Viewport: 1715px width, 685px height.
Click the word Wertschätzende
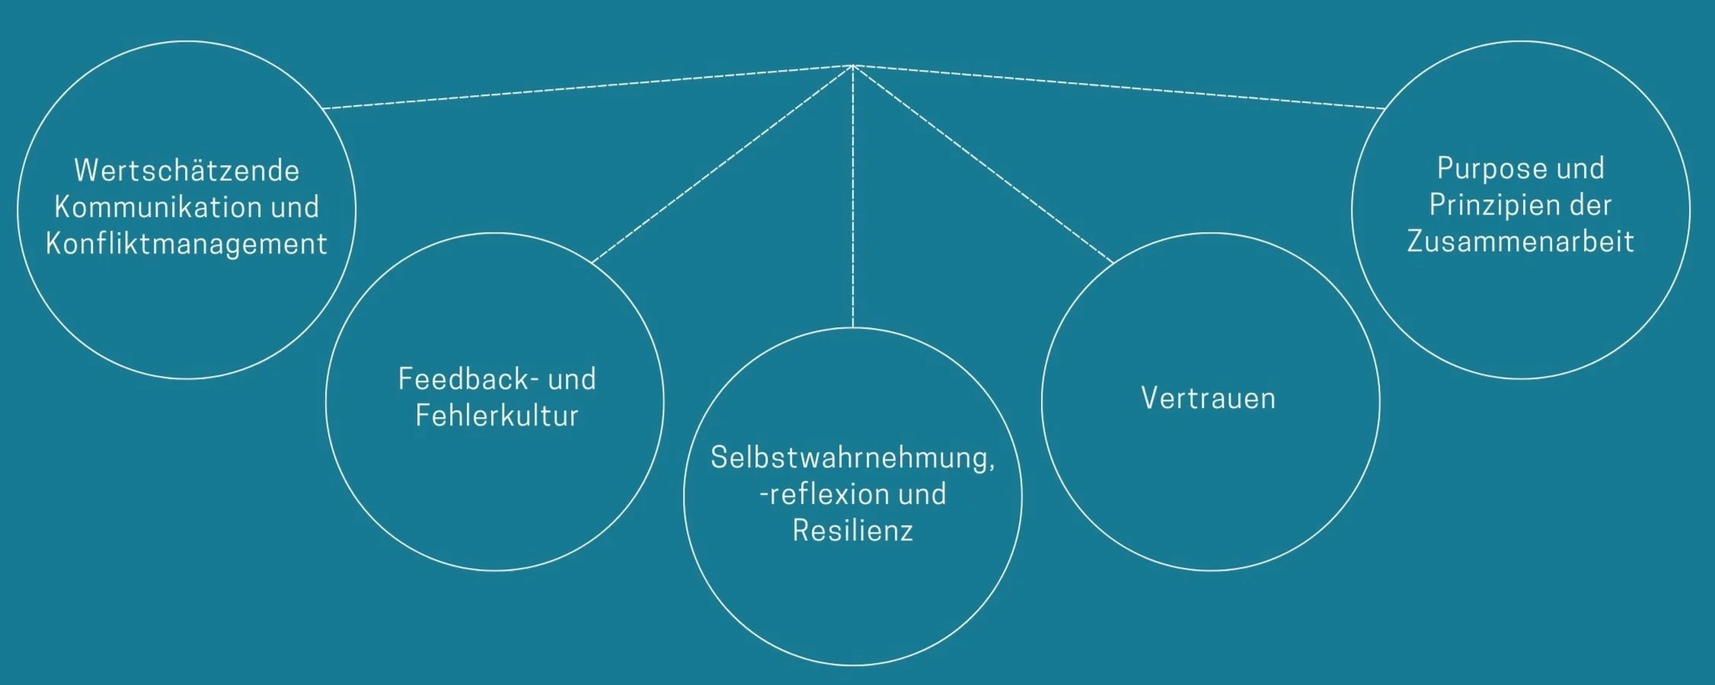tap(187, 170)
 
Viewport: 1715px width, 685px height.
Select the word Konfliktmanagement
tap(187, 244)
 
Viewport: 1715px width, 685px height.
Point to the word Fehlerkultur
tap(497, 416)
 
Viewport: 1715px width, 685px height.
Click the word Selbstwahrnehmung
tap(849, 457)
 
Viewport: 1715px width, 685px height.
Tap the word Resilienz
tap(853, 530)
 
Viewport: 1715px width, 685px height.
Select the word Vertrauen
tap(1209, 399)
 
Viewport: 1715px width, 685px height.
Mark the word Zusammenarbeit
tap(1521, 241)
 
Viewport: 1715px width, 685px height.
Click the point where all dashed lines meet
tap(853, 65)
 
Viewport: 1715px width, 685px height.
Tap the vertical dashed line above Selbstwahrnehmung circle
tap(853, 198)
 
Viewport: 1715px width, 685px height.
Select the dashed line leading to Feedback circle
tap(723, 163)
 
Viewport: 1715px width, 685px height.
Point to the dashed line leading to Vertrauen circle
tap(982, 164)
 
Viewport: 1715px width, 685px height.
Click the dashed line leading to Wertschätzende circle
tap(586, 87)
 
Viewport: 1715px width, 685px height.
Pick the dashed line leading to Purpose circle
tap(1119, 87)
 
